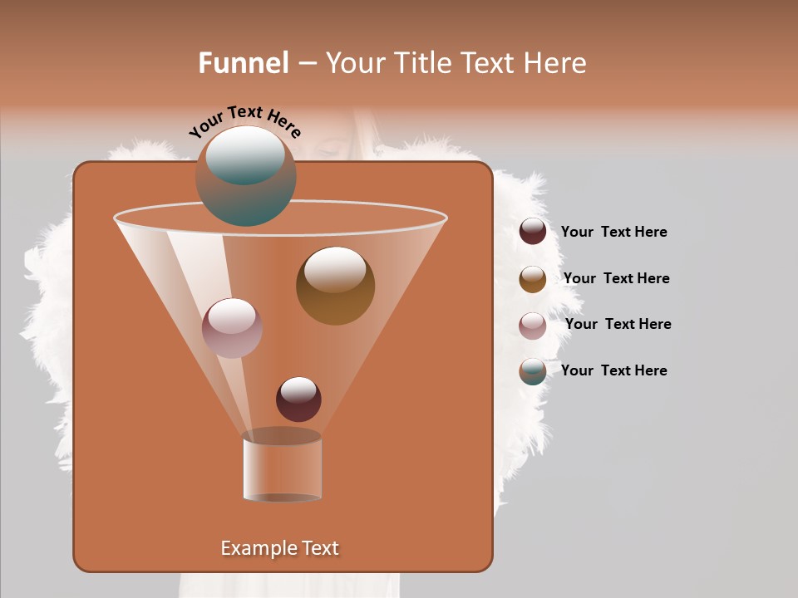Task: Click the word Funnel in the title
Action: pos(244,63)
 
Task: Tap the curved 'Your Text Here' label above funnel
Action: pos(244,121)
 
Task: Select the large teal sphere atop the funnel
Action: pos(245,176)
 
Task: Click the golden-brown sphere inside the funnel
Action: pos(335,286)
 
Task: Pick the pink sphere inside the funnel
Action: pos(232,328)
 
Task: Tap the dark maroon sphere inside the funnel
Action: pos(298,399)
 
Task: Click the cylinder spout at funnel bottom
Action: pos(282,467)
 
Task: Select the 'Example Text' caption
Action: pos(279,548)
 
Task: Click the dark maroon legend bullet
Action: pos(533,232)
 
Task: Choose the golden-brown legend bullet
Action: pos(533,278)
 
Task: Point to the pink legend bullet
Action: pos(533,325)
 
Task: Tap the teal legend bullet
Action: pos(533,371)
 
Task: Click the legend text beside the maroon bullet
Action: pos(613,233)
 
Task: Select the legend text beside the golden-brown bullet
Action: pos(616,279)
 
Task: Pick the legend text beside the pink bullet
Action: pos(618,325)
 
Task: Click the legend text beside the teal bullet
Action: pos(613,371)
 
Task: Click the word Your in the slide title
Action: pos(353,63)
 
